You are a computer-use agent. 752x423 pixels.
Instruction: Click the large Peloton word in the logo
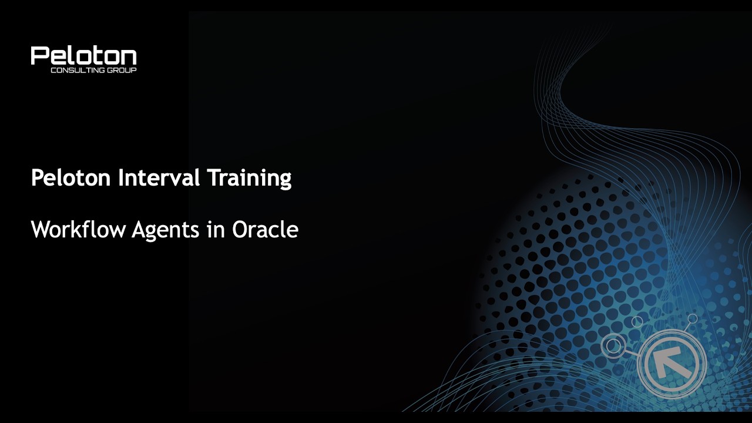tap(83, 56)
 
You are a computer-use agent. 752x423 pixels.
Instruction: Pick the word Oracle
tap(265, 229)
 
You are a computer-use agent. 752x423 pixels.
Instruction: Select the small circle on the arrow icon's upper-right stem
tap(693, 318)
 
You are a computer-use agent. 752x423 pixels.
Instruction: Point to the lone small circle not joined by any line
tap(637, 321)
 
